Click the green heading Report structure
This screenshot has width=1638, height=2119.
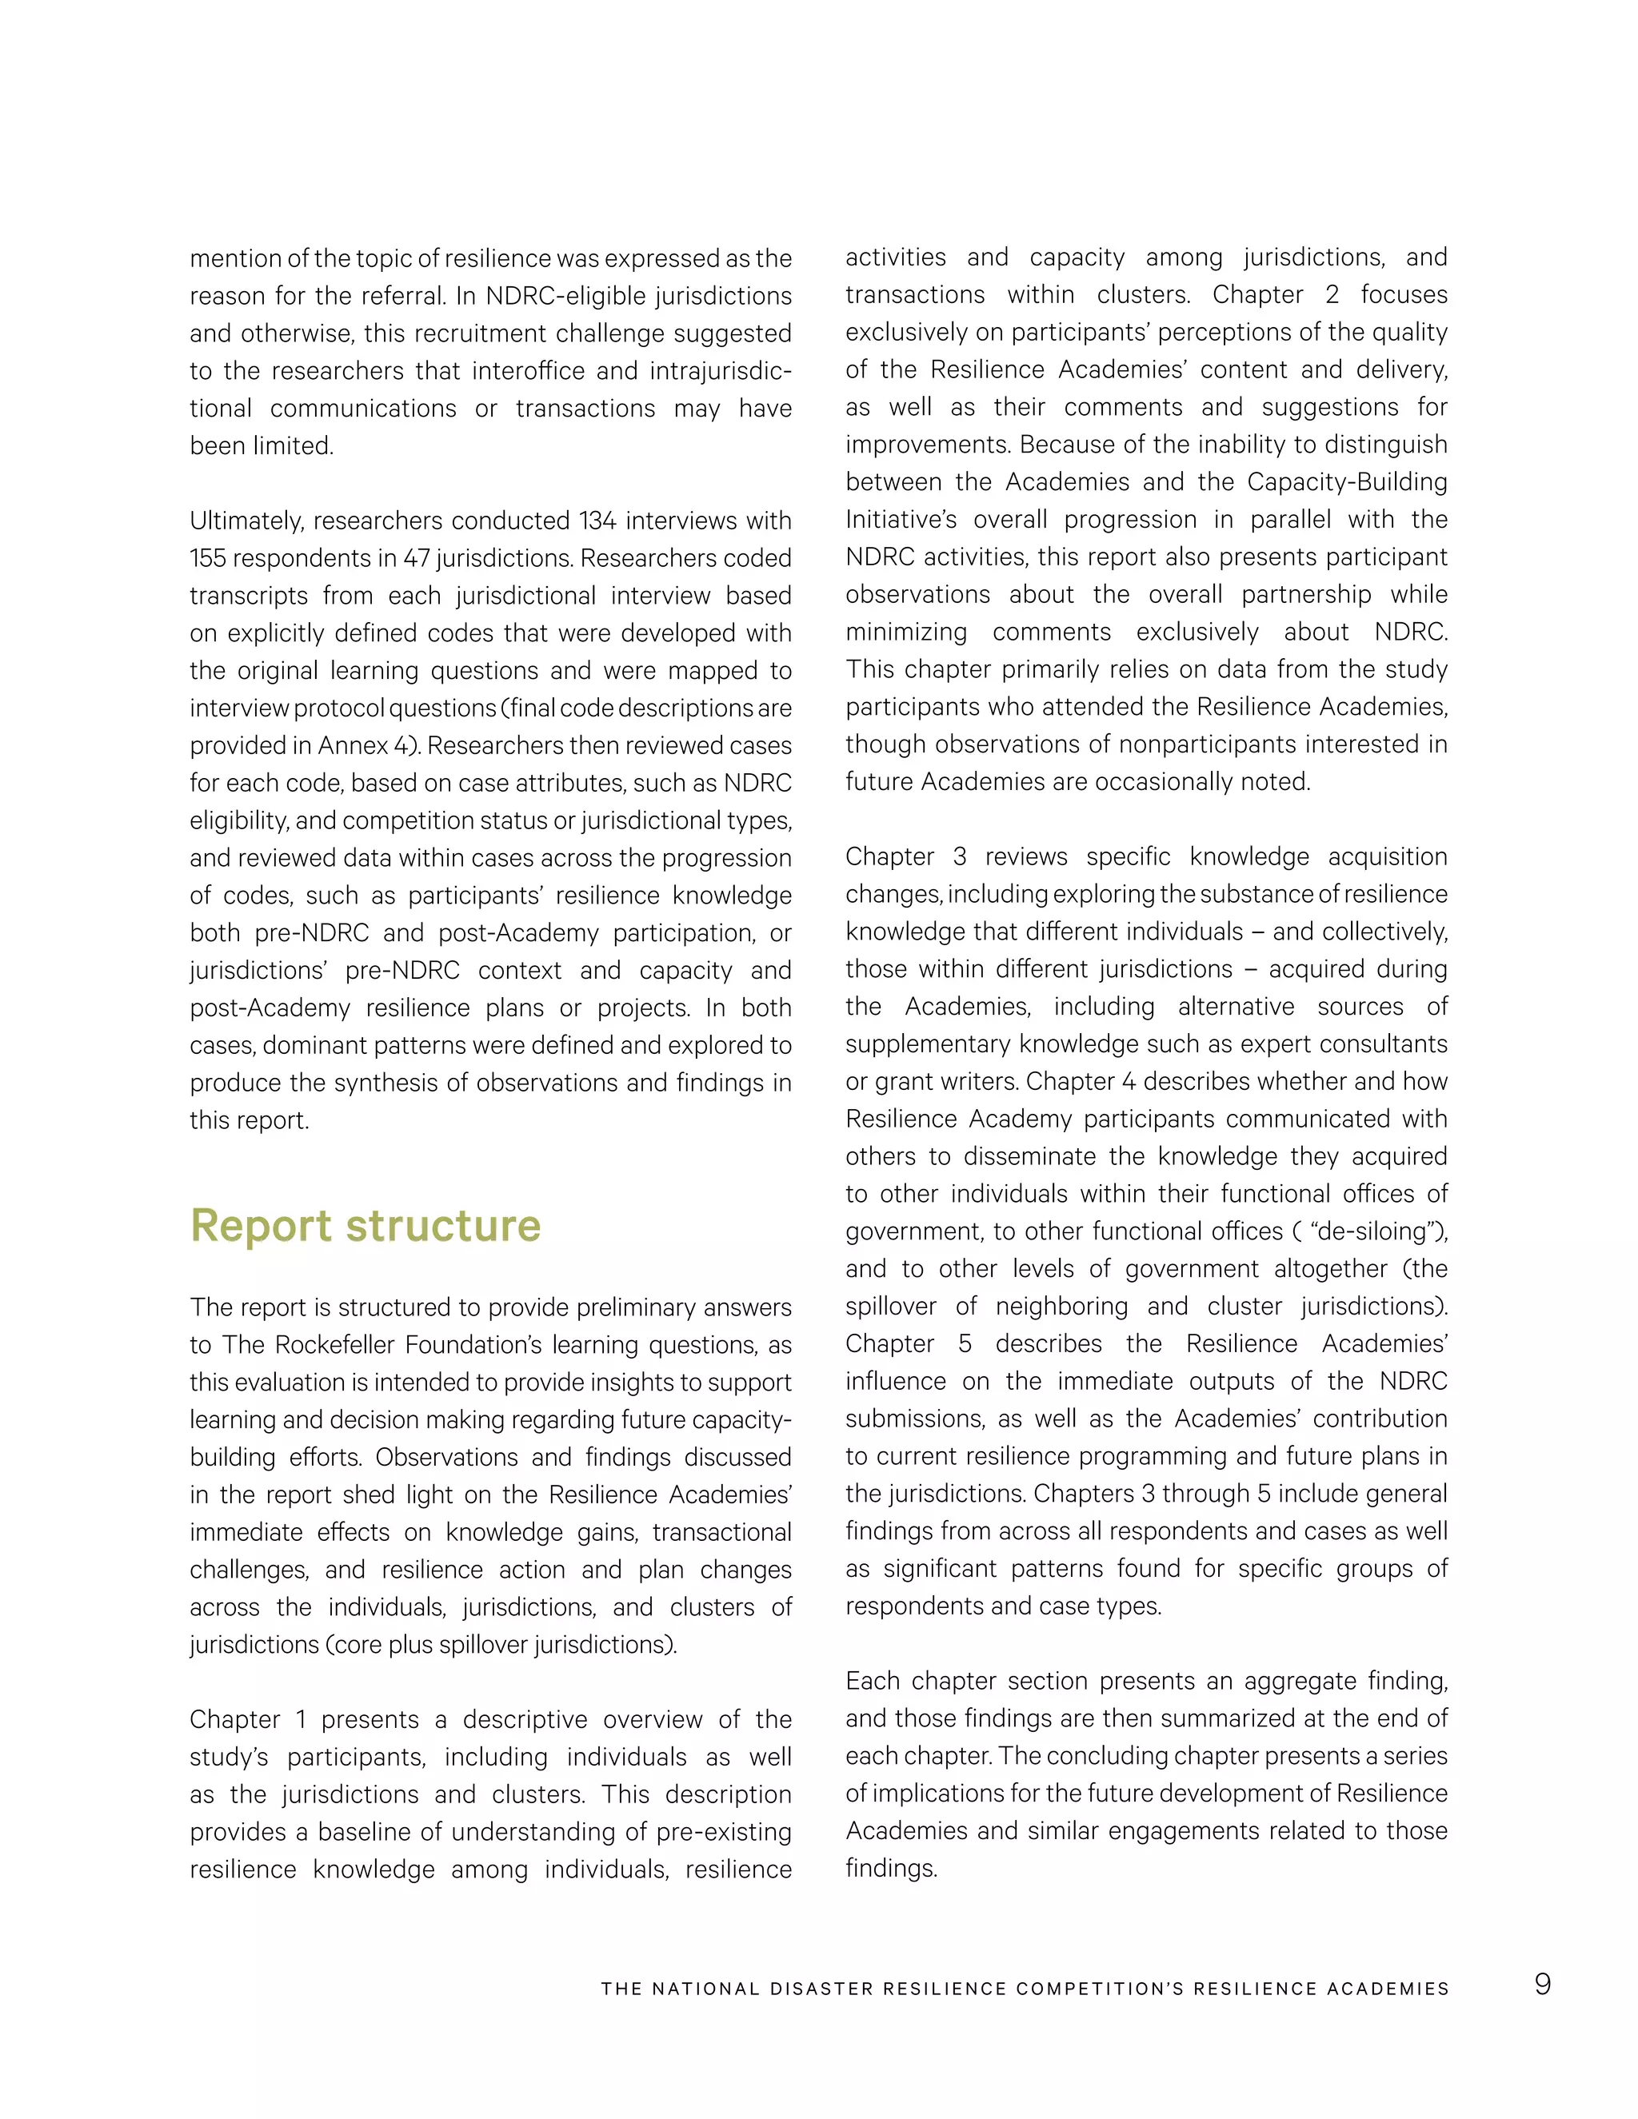(365, 1225)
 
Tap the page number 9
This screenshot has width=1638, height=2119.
(1542, 1983)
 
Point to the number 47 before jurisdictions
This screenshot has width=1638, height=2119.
(415, 559)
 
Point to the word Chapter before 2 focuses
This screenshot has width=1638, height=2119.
(1256, 295)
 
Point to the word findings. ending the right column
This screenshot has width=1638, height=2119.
(891, 1869)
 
